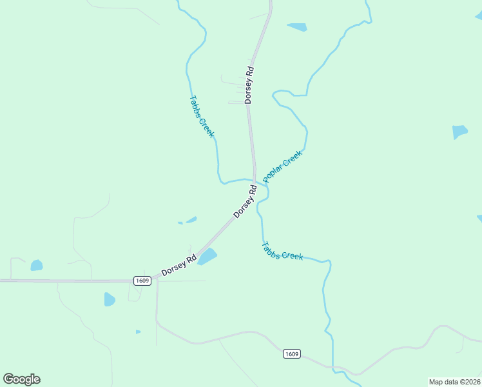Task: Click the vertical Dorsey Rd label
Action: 249,84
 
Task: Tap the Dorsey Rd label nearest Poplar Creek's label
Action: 246,201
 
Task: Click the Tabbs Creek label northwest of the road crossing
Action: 201,117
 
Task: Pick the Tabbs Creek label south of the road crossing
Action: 282,251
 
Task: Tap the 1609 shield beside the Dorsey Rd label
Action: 142,281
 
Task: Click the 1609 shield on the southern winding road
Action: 291,354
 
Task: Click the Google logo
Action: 21,379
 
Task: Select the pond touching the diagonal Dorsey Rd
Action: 207,257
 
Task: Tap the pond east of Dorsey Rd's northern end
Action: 297,27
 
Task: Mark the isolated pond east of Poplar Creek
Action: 459,132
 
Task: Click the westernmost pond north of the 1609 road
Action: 37,265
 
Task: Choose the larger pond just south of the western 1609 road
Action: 110,299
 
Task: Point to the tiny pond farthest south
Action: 138,332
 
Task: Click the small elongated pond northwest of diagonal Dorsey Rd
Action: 191,221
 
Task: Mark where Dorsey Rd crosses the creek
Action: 255,181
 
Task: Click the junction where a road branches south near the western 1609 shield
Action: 157,280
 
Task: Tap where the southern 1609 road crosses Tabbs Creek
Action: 333,367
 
